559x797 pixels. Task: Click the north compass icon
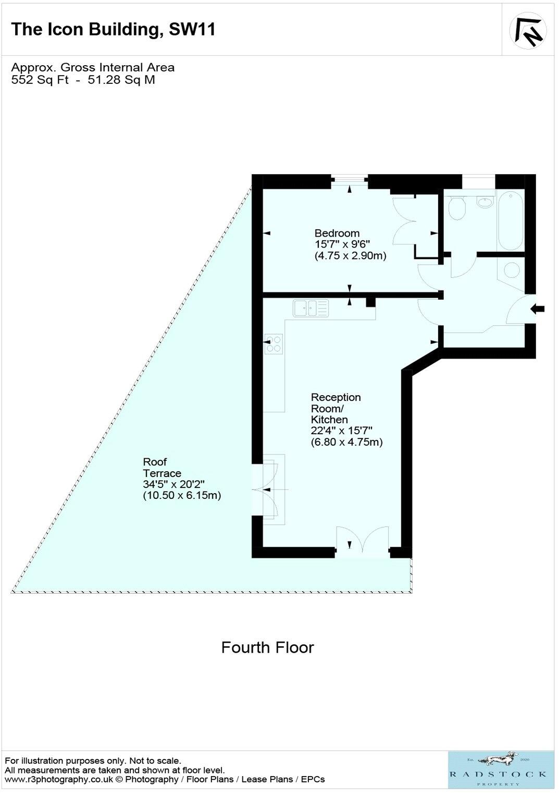[528, 30]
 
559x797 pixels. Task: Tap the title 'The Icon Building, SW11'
[113, 29]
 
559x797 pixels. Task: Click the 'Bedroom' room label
[337, 233]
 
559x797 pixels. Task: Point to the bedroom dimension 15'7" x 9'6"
[342, 244]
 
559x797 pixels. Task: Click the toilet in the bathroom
[457, 209]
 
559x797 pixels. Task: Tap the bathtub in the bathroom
[510, 220]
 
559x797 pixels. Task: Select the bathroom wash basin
[486, 202]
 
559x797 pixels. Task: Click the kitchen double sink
[310, 308]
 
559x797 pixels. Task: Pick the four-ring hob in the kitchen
[274, 344]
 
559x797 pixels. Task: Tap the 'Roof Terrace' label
[162, 468]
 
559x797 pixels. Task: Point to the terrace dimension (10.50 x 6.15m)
[182, 496]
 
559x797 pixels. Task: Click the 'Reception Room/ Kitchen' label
[335, 408]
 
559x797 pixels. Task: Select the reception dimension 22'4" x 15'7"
[341, 431]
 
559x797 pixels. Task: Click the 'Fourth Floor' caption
[267, 647]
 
